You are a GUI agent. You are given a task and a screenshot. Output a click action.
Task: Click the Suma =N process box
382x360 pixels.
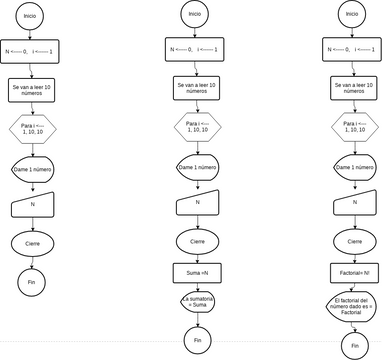coord(197,271)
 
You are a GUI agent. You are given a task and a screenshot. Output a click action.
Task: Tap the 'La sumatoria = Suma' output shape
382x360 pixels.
coord(197,302)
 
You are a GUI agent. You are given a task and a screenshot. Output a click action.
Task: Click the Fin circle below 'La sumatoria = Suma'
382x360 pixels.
coord(197,340)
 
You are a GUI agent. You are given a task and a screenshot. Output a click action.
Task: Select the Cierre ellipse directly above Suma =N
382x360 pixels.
coord(197,240)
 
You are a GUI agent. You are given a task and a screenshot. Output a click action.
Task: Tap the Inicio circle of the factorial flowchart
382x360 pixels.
coord(350,14)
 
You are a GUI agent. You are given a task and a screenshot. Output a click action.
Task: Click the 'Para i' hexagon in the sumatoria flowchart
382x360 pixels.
coord(197,127)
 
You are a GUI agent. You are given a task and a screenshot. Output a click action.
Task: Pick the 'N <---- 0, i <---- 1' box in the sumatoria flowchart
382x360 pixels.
coord(197,50)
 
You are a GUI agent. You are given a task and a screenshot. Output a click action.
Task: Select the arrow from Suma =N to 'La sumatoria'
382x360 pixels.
coord(197,286)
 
